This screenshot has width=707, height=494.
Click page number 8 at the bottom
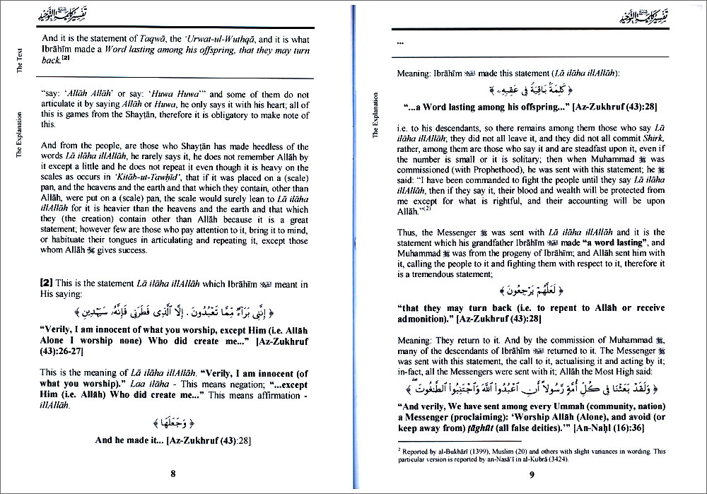[x=173, y=473]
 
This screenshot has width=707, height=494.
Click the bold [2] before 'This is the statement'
[x=49, y=285]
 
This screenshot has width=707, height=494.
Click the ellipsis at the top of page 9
[x=401, y=43]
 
